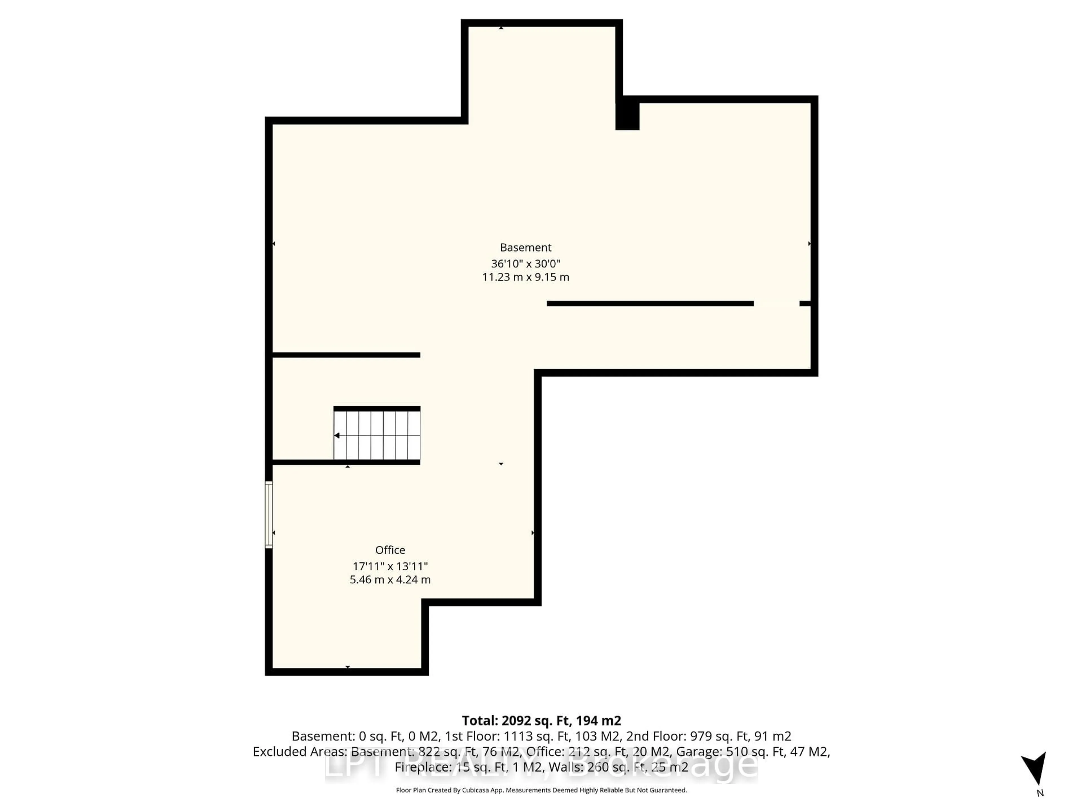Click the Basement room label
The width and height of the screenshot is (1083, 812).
click(x=525, y=248)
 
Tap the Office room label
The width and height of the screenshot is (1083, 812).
click(x=390, y=550)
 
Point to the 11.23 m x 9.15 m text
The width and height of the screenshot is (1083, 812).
click(x=525, y=277)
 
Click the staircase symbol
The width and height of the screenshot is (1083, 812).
click(x=377, y=435)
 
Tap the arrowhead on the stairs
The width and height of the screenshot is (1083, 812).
click(x=337, y=435)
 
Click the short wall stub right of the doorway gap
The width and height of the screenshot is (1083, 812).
click(x=804, y=303)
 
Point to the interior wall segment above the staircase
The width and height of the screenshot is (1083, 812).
click(x=346, y=355)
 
